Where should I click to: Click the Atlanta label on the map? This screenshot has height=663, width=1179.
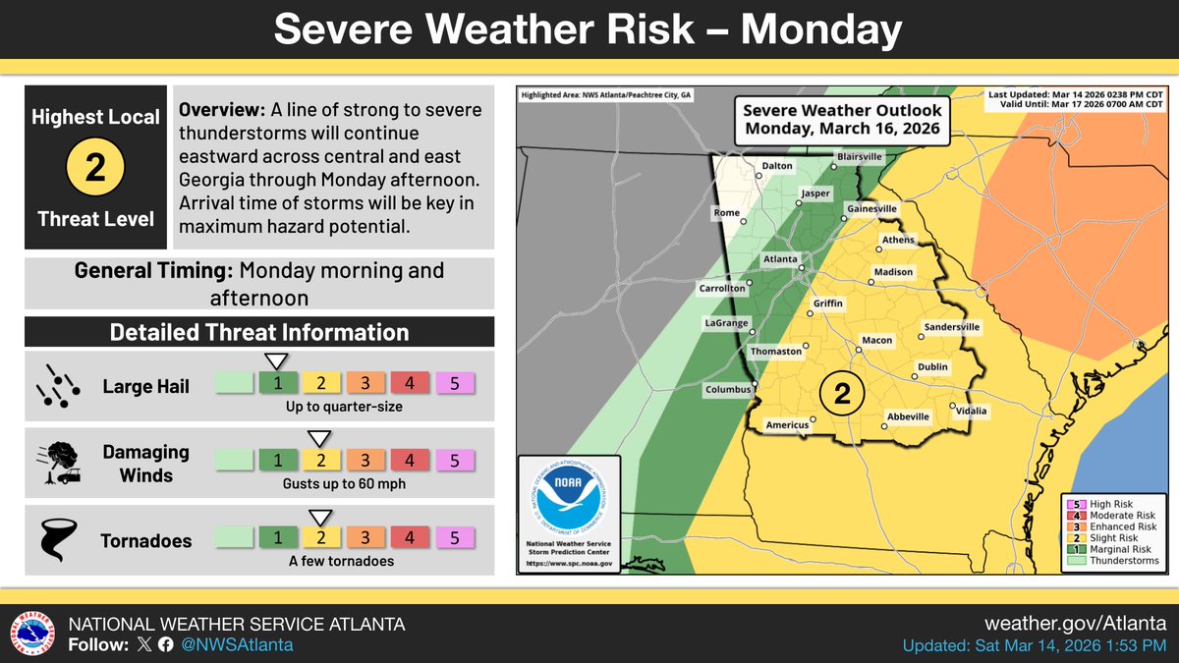tap(779, 259)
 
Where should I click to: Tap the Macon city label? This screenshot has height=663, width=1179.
tap(876, 340)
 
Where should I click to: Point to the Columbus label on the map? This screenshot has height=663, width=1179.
tap(728, 389)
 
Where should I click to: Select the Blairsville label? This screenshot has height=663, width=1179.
tap(860, 156)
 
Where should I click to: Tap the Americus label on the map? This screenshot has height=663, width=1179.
tap(787, 424)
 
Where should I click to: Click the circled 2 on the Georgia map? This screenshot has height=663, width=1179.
tap(842, 394)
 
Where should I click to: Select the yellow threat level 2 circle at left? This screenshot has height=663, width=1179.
tap(94, 168)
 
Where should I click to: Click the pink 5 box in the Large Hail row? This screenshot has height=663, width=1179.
tap(455, 382)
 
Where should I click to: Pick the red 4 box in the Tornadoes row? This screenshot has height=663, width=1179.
tap(411, 537)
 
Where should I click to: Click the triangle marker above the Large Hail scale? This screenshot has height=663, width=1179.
tap(277, 360)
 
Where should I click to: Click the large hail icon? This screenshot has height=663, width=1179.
tap(55, 386)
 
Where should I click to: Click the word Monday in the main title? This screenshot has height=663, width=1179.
tap(820, 30)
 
